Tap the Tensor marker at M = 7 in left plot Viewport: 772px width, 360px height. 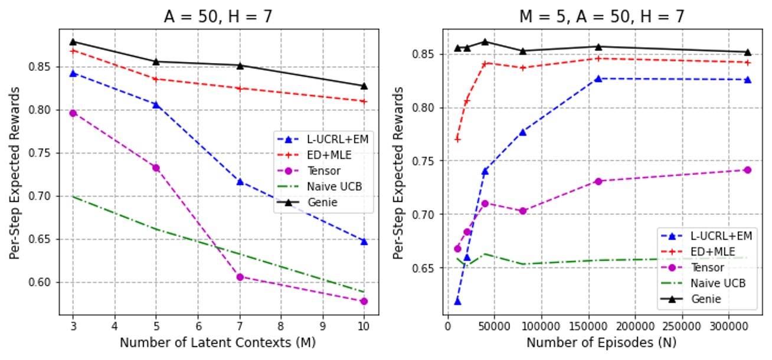click(240, 277)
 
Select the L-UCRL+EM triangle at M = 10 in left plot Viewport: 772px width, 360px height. click(364, 241)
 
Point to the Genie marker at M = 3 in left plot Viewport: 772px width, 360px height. click(73, 42)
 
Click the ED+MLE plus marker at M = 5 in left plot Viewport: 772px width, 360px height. click(156, 79)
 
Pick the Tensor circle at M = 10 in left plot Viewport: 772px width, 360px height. click(364, 301)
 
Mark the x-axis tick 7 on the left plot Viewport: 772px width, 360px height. click(240, 325)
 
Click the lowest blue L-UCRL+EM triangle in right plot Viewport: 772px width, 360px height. click(457, 302)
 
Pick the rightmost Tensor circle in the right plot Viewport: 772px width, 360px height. click(747, 170)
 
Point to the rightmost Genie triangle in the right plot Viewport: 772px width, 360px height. click(747, 53)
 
